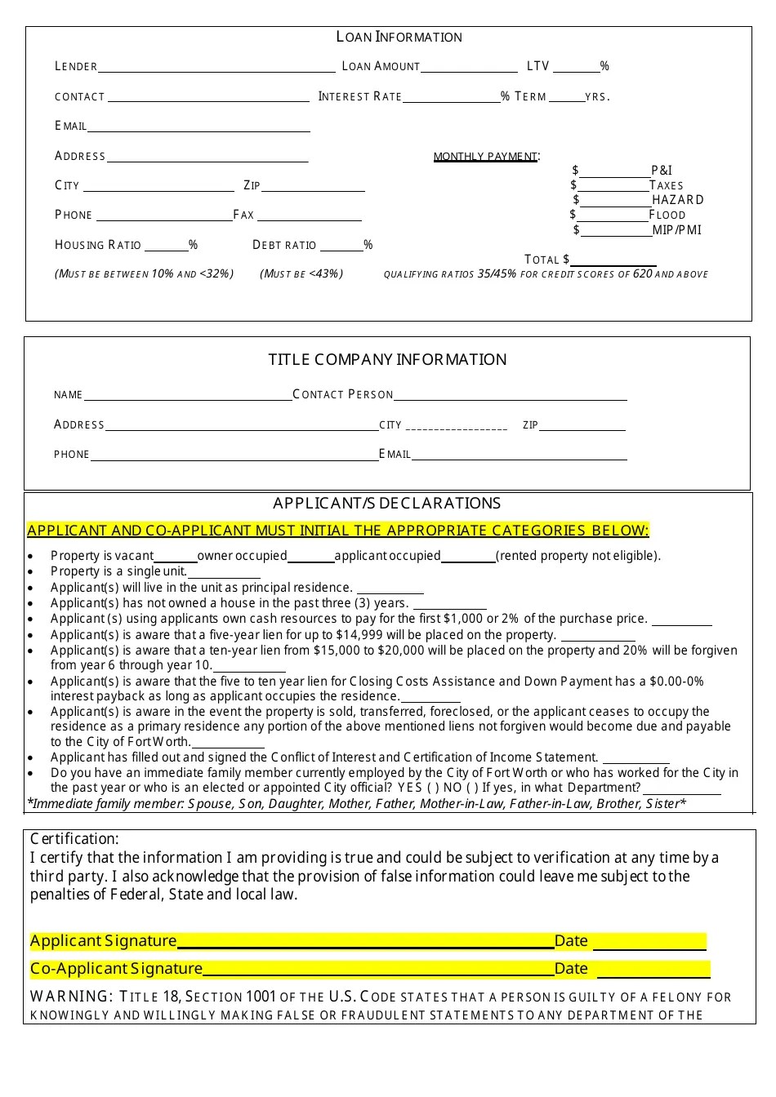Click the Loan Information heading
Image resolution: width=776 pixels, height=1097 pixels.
(x=399, y=37)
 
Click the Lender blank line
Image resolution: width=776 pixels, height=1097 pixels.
(x=216, y=69)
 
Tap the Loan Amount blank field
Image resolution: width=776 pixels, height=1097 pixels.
(x=469, y=69)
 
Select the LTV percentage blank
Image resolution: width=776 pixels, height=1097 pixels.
(x=576, y=69)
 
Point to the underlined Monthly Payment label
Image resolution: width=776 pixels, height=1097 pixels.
(x=485, y=156)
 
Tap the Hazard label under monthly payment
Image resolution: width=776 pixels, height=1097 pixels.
(x=678, y=200)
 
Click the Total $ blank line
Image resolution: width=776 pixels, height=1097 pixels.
(x=613, y=263)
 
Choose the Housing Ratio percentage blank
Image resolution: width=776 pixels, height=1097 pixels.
(x=167, y=248)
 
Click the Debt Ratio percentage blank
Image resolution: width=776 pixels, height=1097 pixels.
(x=341, y=248)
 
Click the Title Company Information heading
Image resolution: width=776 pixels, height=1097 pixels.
(x=387, y=360)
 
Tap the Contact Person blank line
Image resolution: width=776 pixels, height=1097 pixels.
(x=511, y=398)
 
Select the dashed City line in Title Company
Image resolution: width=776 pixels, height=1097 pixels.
(x=457, y=429)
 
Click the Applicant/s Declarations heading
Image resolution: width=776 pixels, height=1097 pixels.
(x=386, y=504)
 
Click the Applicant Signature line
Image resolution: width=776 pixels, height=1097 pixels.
(x=365, y=945)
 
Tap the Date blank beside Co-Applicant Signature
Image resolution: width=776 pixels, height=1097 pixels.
(x=653, y=973)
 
